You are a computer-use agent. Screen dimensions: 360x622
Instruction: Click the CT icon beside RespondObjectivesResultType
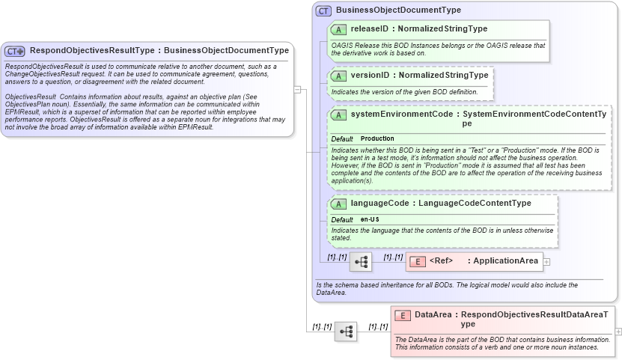[15, 51]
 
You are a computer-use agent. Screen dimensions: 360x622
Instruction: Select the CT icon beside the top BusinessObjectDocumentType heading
[323, 10]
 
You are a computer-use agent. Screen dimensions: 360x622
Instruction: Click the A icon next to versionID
[338, 76]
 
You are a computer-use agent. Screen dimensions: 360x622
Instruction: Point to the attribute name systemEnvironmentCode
[402, 115]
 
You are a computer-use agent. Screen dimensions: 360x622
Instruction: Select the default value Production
[377, 139]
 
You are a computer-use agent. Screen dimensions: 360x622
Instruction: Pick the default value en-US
[370, 219]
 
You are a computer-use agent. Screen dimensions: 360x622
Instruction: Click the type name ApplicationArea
[506, 261]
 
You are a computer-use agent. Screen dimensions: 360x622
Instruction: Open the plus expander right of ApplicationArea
[546, 262]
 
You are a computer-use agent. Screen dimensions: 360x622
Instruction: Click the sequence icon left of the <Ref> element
[360, 262]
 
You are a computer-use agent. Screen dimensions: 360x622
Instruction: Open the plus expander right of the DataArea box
[618, 331]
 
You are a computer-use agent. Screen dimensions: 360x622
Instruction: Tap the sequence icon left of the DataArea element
[346, 331]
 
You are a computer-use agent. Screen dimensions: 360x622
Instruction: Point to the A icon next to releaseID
[338, 29]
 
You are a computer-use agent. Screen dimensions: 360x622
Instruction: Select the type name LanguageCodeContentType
[475, 203]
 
